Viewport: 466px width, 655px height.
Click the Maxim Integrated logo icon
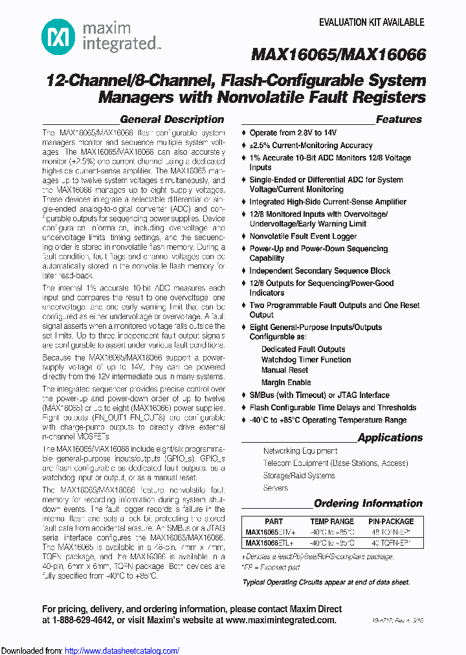tap(59, 37)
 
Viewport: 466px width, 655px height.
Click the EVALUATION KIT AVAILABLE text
tap(372, 22)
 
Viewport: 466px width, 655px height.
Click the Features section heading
tap(399, 120)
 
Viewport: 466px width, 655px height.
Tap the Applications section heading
tap(390, 438)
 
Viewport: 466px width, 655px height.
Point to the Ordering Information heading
tap(368, 504)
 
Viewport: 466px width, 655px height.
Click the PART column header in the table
tap(274, 522)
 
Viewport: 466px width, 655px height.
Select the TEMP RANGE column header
tap(332, 522)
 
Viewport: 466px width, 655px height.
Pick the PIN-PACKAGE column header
tap(391, 522)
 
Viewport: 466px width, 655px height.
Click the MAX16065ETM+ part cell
tap(271, 532)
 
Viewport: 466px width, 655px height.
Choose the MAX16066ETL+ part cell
tap(270, 543)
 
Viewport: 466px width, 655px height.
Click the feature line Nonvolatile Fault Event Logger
tap(303, 237)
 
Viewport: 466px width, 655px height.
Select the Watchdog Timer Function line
tap(306, 360)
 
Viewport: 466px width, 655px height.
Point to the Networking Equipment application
tap(300, 450)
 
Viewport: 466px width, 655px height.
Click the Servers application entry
tap(276, 488)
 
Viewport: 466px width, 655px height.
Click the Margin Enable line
tap(286, 383)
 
